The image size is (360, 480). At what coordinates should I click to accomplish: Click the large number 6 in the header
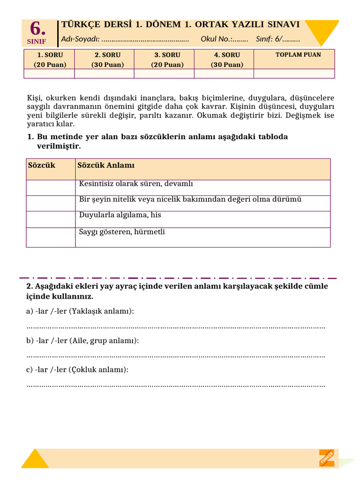tap(37, 29)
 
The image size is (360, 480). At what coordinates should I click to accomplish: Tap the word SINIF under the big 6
tap(37, 41)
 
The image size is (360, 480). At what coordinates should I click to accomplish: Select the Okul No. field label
tap(217, 39)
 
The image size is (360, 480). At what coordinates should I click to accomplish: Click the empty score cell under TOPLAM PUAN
tap(294, 73)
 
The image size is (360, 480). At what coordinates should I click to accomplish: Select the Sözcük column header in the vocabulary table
tap(42, 165)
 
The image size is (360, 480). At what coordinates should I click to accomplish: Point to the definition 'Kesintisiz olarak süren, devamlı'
tap(136, 184)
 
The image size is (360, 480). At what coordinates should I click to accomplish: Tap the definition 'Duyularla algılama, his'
tap(120, 215)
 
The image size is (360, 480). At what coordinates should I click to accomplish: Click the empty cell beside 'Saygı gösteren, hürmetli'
tap(51, 237)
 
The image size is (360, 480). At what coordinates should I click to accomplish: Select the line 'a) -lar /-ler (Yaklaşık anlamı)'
tap(80, 311)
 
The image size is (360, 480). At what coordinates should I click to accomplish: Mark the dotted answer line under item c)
tap(176, 385)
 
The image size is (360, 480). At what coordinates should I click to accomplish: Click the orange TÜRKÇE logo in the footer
tap(327, 458)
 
